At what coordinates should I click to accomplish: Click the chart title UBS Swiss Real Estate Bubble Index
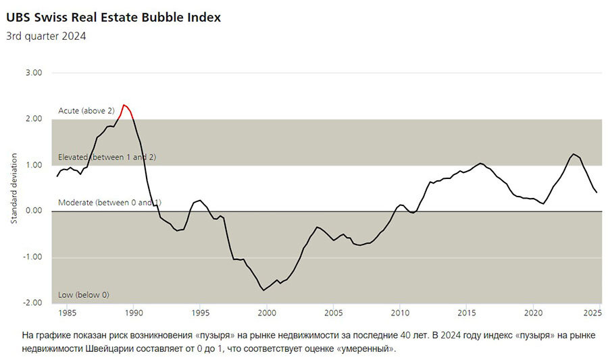pyautogui.click(x=113, y=18)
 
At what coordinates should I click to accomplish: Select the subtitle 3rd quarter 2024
pyautogui.click(x=46, y=36)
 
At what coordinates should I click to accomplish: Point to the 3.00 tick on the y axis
pyautogui.click(x=32, y=73)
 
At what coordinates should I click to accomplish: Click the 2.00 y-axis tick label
pyautogui.click(x=32, y=119)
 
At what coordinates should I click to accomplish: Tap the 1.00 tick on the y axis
pyautogui.click(x=32, y=165)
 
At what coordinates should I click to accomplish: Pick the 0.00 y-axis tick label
pyautogui.click(x=32, y=211)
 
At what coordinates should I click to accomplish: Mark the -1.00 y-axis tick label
pyautogui.click(x=31, y=257)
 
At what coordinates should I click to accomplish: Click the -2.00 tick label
pyautogui.click(x=31, y=303)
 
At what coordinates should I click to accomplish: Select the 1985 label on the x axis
pyautogui.click(x=68, y=313)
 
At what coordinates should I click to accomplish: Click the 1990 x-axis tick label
pyautogui.click(x=134, y=313)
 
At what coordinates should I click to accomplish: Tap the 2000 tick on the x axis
pyautogui.click(x=267, y=313)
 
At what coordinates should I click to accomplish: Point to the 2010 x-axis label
pyautogui.click(x=400, y=313)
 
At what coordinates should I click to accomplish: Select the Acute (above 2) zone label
pyautogui.click(x=86, y=110)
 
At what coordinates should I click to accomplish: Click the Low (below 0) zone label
pyautogui.click(x=84, y=295)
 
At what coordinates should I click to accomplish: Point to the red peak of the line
pyautogui.click(x=124, y=105)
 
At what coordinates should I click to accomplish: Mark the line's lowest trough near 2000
pyautogui.click(x=263, y=290)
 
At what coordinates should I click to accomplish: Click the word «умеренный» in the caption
pyautogui.click(x=367, y=349)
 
